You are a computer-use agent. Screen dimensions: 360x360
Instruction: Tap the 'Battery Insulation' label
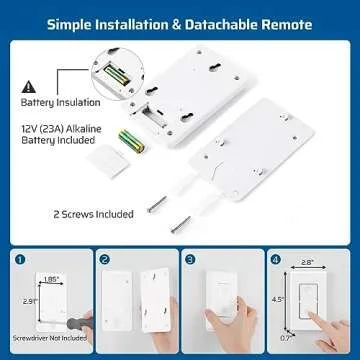59,102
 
